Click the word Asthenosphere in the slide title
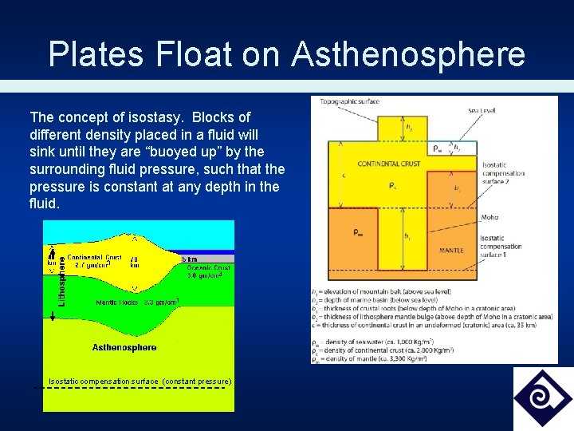pyautogui.click(x=408, y=55)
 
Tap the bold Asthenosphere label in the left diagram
pyautogui.click(x=124, y=347)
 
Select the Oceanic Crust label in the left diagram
pyautogui.click(x=209, y=268)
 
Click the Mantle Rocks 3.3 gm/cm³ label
pyautogui.click(x=136, y=302)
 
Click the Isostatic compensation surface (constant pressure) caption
pyautogui.click(x=140, y=382)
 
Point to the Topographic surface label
pyautogui.click(x=349, y=101)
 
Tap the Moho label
pyautogui.click(x=489, y=217)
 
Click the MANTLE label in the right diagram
pyautogui.click(x=451, y=251)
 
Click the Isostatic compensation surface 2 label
pyautogui.click(x=503, y=172)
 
